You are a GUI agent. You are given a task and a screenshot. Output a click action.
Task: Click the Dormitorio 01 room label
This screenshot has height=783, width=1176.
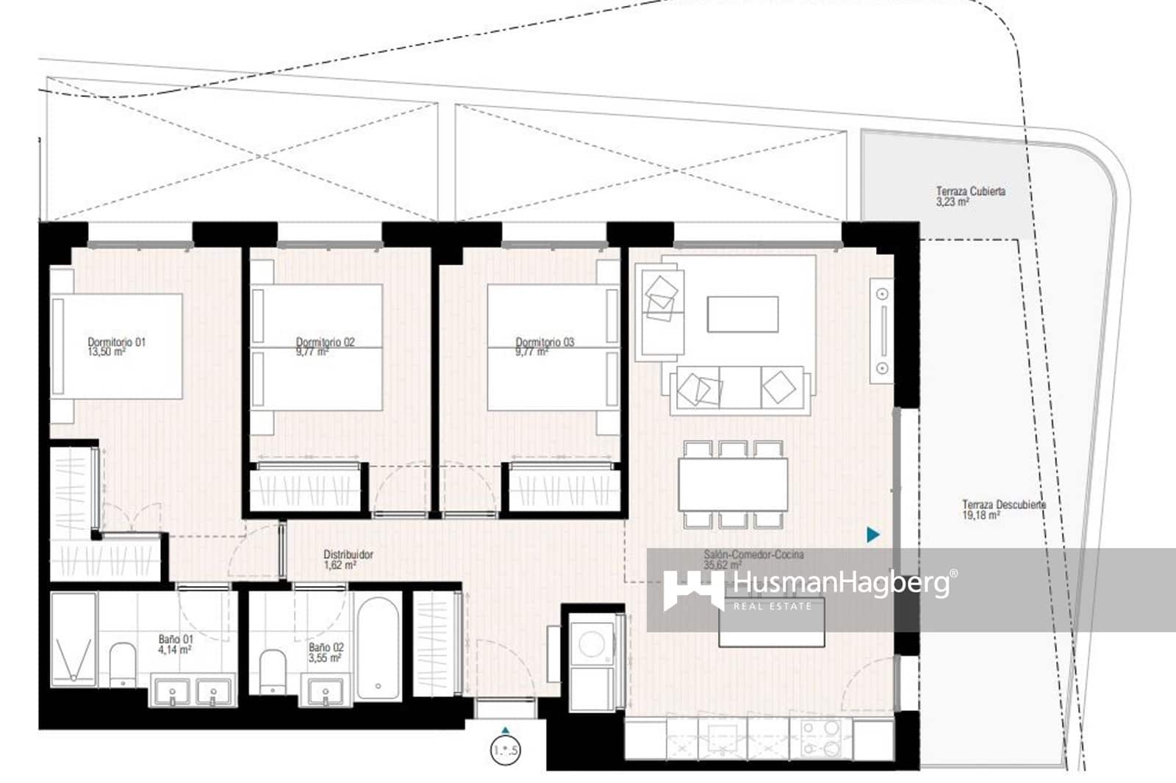(116, 347)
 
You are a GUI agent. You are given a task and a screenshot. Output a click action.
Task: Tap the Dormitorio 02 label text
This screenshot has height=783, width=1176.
(325, 347)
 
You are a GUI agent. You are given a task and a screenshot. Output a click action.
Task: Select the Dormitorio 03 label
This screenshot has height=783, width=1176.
(544, 347)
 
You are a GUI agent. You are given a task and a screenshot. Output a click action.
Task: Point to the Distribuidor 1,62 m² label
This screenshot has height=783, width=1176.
(348, 560)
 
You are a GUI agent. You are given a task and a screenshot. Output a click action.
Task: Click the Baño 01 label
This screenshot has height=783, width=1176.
(175, 644)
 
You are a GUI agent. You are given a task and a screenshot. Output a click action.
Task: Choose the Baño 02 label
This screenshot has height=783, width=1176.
(326, 652)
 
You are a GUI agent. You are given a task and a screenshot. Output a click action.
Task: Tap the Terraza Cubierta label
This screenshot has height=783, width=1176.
(970, 195)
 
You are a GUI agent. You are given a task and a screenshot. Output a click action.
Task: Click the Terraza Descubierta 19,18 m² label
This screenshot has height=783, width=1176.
(1003, 510)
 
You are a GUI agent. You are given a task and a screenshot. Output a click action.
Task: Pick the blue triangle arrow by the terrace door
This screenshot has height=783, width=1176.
(872, 535)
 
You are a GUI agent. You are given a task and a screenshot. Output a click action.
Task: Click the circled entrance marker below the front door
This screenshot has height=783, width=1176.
(505, 751)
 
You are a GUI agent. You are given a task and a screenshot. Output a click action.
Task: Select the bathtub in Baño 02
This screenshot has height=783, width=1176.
(378, 646)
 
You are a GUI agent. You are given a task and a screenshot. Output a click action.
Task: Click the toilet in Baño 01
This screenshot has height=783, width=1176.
(123, 663)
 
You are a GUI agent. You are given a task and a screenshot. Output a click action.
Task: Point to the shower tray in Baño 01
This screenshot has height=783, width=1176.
(73, 639)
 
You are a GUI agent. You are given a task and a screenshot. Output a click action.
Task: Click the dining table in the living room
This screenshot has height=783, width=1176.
(733, 484)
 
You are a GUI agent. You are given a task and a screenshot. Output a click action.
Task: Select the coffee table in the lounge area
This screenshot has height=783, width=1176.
(742, 314)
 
